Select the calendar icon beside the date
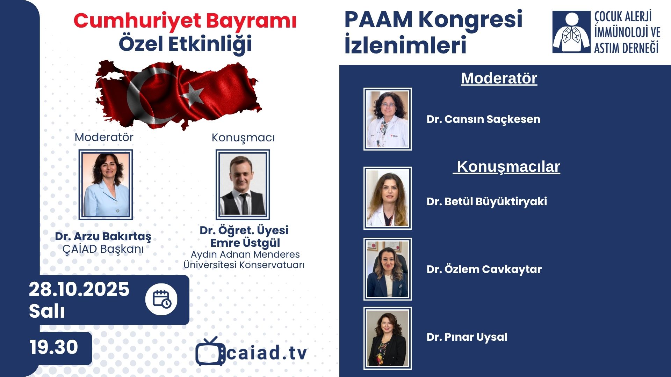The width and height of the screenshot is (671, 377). pos(161,300)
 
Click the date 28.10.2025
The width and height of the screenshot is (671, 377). pos(79,289)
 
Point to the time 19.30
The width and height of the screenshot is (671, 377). pos(54,347)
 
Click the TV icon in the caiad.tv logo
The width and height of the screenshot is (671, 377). pos(210,351)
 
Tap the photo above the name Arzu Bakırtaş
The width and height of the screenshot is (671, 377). pos(106,185)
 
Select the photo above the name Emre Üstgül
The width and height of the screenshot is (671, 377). pos(243,185)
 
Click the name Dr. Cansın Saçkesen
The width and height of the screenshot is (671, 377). pos(483,119)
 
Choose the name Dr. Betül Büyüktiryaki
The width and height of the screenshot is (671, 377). pos(486,202)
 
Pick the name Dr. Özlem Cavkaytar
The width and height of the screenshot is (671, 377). pos(484,269)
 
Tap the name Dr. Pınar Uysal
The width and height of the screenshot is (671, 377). pos(467,337)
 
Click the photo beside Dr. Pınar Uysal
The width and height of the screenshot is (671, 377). pos(388,338)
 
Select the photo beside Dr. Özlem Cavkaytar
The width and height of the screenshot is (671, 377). pos(388,269)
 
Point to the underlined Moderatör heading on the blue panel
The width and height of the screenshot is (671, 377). pos(499,78)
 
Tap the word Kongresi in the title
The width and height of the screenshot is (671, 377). pos(470,20)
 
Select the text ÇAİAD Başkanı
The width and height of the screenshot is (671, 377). pos(103,249)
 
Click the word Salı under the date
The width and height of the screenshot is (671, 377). pos(47,311)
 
